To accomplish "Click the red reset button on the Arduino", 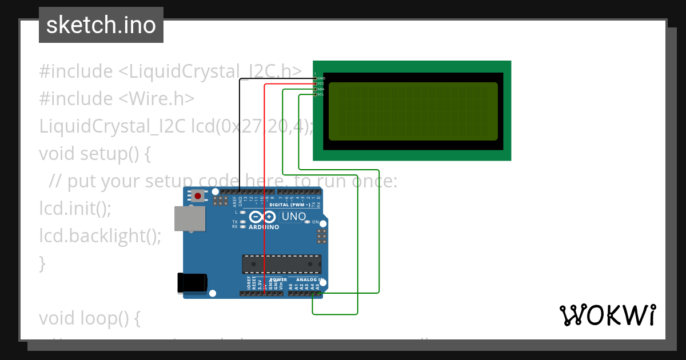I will tap(198, 196).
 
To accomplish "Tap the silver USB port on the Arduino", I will tap(190, 219).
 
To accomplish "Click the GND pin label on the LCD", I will tap(321, 78).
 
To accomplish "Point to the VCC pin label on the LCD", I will tap(321, 83).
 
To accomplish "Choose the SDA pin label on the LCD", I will tap(321, 89).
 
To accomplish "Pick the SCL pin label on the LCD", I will tap(321, 94).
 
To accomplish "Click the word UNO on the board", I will tap(294, 217).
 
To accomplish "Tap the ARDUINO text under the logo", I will tap(264, 227).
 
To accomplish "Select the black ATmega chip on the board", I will tap(281, 264).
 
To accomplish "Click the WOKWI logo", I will tap(607, 315).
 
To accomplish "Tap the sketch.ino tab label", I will tap(101, 25).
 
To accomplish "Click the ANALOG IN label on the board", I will tap(309, 280).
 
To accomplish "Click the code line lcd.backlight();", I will tap(100, 235).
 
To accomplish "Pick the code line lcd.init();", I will tap(75, 208).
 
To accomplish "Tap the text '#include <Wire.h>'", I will tap(117, 99).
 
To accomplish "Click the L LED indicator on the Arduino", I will tap(243, 212).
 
